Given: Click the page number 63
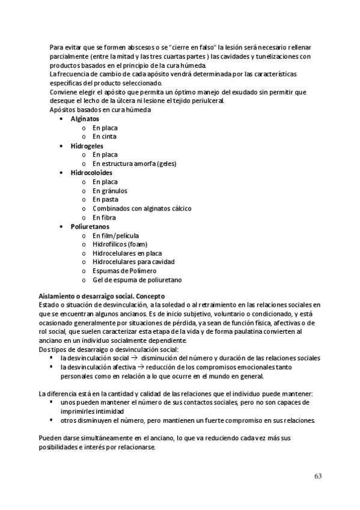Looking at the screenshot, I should pyautogui.click(x=318, y=476).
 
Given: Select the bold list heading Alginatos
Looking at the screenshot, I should pyautogui.click(x=85, y=119).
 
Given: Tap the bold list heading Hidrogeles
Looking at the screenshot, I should pyautogui.click(x=87, y=146).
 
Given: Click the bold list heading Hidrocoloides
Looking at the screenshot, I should pyautogui.click(x=91, y=173).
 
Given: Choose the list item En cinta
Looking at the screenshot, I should pyautogui.click(x=105, y=137).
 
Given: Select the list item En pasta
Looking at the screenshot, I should pyautogui.click(x=105, y=199).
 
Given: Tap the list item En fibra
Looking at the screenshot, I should pyautogui.click(x=105, y=217).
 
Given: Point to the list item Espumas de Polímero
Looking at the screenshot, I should pyautogui.click(x=123, y=271).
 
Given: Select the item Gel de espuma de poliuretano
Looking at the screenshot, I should pyautogui.click(x=137, y=280).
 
